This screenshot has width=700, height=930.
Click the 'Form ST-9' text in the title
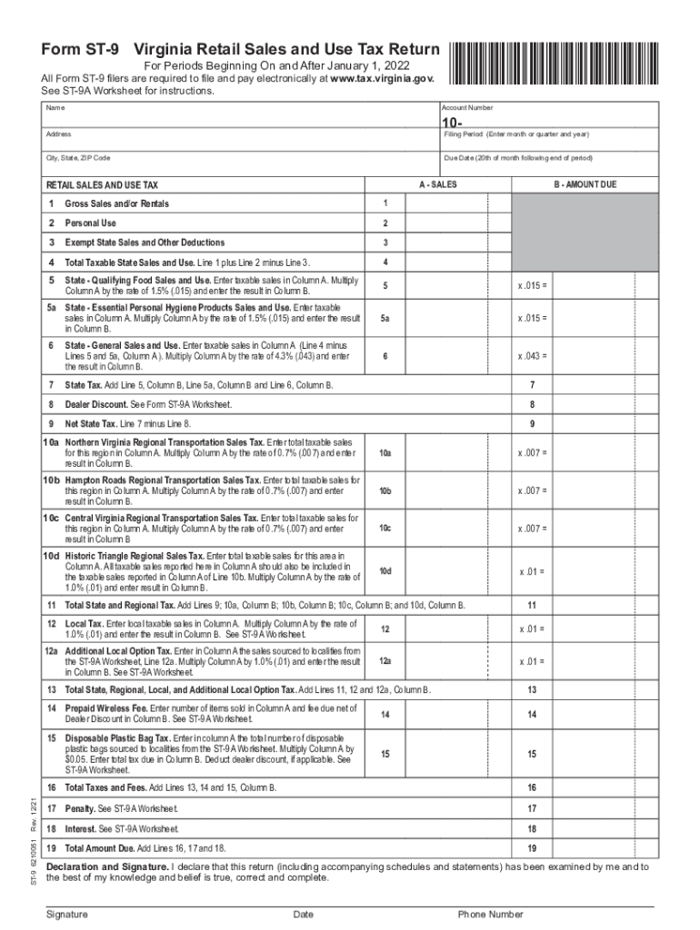tap(81, 49)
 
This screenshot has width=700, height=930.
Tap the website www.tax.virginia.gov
tap(383, 79)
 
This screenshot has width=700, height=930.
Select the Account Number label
tap(468, 108)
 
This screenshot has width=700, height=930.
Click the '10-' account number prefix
tap(452, 123)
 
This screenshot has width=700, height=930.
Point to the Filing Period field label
tap(515, 134)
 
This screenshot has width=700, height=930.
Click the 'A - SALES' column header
tap(437, 184)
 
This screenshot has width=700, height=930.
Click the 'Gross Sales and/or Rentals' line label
tap(116, 203)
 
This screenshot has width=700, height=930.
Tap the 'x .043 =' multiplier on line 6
tap(533, 357)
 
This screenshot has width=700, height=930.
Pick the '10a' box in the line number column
tap(385, 452)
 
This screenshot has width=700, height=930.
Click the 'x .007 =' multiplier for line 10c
tap(533, 529)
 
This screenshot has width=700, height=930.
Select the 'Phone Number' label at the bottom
tap(490, 915)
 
